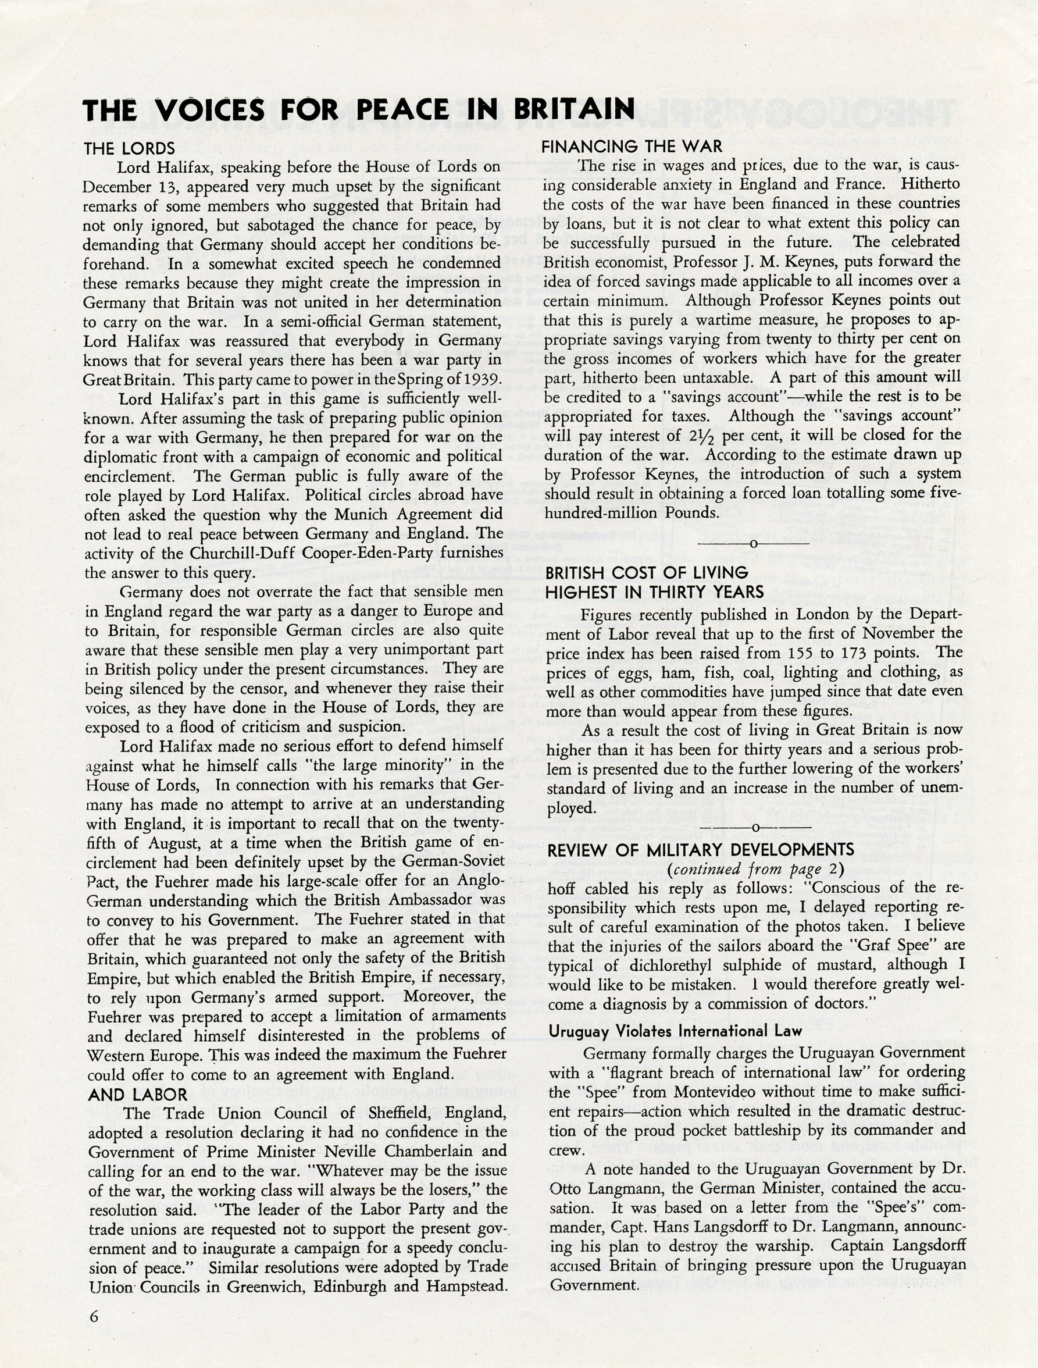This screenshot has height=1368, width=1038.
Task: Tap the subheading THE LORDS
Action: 129,148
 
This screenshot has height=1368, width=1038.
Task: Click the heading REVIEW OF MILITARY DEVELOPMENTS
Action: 701,850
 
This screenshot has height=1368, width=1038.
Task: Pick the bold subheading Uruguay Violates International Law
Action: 675,1031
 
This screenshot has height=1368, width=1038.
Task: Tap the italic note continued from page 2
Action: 755,869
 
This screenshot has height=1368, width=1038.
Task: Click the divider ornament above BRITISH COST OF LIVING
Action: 752,544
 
